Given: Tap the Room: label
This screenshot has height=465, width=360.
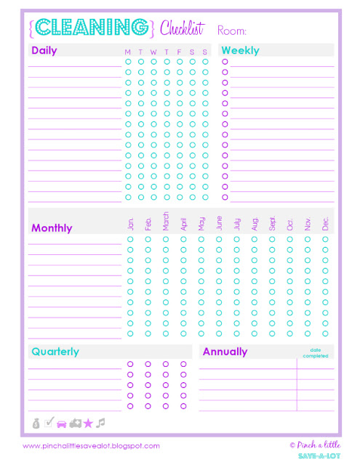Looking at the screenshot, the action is tap(232, 31).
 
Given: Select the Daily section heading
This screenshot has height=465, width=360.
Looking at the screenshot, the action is tap(44, 51).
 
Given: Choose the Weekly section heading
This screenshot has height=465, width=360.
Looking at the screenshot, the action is tap(241, 51).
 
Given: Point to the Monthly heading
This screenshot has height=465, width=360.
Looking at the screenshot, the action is tap(52, 227).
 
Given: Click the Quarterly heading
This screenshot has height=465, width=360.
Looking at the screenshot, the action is tap(55, 352).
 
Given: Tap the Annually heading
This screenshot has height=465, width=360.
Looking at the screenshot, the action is tap(225, 352).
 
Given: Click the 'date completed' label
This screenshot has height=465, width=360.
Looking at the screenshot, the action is tap(315, 352).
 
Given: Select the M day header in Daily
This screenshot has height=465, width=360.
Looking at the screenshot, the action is tap(128, 52).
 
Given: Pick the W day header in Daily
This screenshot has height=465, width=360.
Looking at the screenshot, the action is tap(153, 52).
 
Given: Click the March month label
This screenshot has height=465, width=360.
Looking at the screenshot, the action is tap(166, 222).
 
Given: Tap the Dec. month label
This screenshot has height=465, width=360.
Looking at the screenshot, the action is tap(325, 224).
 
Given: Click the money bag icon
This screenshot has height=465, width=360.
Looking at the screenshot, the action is tap(36, 422).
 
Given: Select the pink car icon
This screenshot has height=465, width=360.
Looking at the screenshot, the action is tap(61, 422).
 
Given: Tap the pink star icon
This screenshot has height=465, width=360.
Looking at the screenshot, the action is tap(88, 422).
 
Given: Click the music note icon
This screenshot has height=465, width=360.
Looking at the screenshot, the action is tap(101, 422).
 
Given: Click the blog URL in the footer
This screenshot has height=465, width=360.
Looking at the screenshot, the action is tap(91, 446).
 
